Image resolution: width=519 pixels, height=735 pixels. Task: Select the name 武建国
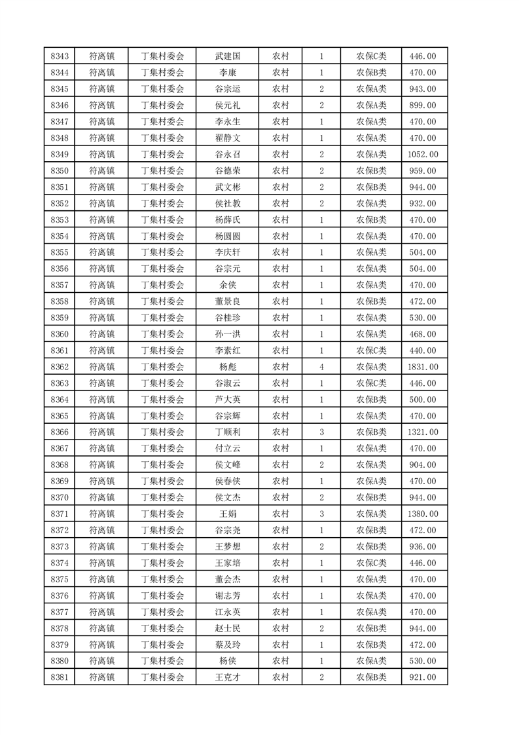(x=228, y=56)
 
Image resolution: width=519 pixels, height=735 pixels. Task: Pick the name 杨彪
(x=228, y=367)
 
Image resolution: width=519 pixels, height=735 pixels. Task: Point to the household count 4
(x=321, y=367)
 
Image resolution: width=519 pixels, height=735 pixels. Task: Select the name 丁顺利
(x=228, y=432)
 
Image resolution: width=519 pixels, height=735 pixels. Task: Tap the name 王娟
(x=228, y=514)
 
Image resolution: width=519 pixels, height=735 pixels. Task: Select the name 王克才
(x=228, y=677)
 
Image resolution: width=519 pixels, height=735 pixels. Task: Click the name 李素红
(x=228, y=350)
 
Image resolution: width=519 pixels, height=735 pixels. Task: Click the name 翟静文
(x=228, y=138)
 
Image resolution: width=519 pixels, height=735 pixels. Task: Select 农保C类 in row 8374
(x=371, y=563)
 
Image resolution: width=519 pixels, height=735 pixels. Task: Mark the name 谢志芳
(x=228, y=595)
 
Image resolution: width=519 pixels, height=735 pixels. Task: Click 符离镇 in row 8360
(x=101, y=334)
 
